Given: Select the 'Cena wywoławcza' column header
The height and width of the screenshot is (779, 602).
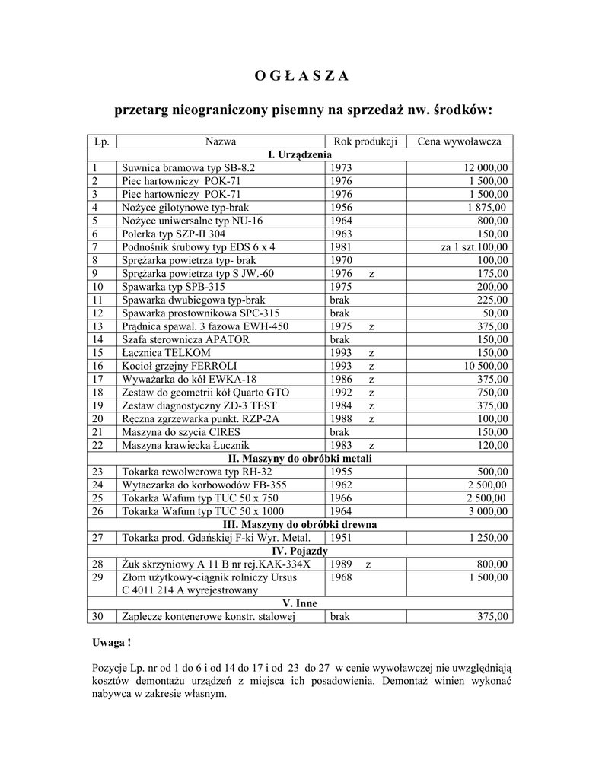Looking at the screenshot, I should coord(459,141).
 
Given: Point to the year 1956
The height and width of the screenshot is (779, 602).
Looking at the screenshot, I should coord(341,207).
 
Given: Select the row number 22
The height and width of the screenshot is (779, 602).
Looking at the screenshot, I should coord(97,445).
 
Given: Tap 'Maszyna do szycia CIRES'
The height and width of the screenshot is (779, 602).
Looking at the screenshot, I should coord(176,431).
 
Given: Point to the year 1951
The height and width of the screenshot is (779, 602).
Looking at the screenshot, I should coord(341,538).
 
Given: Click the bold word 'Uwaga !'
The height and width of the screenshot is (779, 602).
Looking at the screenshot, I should coord(111,643).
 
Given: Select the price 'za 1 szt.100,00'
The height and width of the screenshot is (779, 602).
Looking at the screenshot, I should coord(475,247).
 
